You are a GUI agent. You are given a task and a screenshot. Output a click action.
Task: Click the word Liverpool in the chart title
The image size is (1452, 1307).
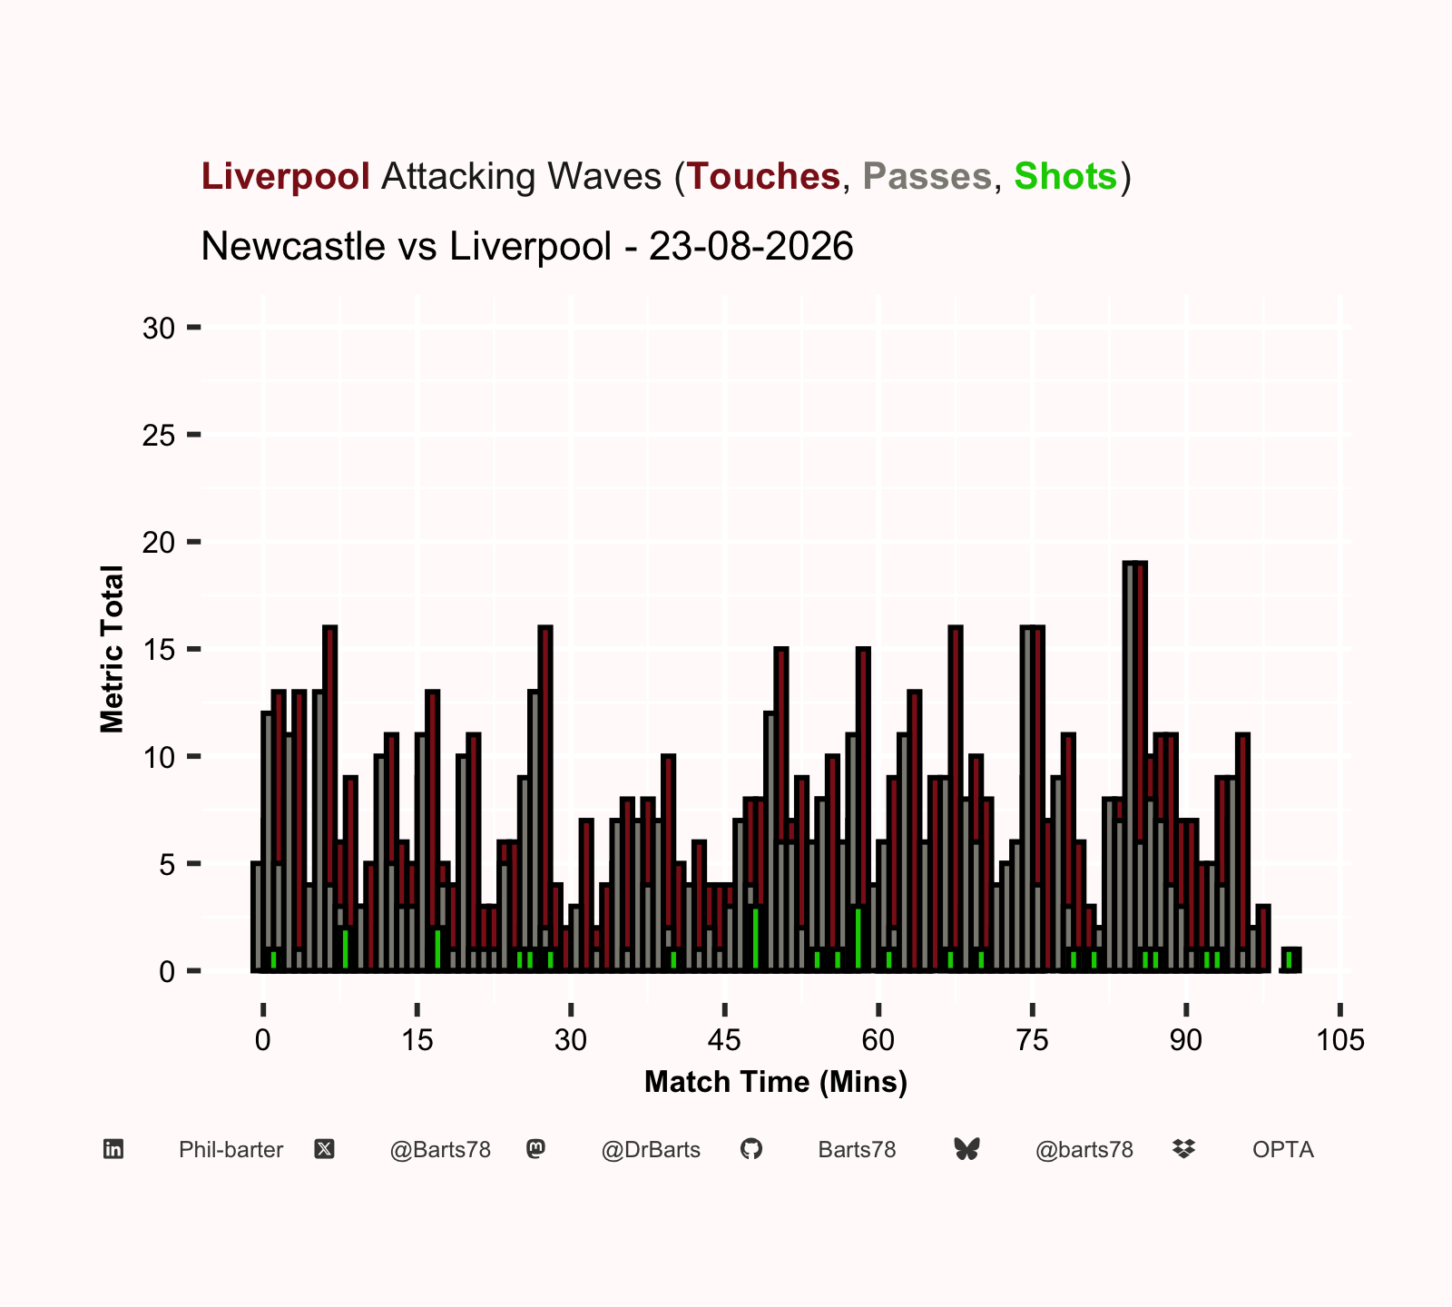(286, 176)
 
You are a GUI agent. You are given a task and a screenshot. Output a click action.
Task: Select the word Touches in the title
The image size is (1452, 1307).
(763, 176)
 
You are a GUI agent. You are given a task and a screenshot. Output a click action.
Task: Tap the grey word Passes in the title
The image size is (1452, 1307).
(927, 176)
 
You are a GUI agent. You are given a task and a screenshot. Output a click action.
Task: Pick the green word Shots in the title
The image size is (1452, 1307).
(1065, 176)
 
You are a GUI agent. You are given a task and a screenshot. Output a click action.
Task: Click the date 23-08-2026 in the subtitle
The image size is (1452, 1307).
(751, 246)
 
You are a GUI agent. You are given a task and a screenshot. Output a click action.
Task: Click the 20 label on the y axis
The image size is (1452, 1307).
(159, 543)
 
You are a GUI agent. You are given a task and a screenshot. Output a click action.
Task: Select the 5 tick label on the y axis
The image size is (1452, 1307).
(167, 865)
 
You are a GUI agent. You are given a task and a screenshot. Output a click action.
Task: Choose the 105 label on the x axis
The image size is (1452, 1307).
(1340, 1039)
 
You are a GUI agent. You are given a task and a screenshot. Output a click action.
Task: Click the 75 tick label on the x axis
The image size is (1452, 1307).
(1033, 1039)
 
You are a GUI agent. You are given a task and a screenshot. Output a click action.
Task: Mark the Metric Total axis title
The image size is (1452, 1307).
(112, 649)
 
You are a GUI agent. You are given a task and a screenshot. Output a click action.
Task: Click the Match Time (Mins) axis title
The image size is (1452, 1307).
(776, 1082)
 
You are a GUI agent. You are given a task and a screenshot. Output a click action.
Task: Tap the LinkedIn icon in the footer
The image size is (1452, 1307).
(113, 1150)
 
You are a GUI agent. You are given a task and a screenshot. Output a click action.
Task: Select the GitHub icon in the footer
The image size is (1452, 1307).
(751, 1150)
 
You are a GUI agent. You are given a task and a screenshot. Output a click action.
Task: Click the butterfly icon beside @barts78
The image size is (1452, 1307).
(967, 1150)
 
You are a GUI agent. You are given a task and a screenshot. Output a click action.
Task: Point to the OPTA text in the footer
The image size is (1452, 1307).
(1283, 1150)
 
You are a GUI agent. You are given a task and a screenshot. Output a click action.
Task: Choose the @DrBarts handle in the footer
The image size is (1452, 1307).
(651, 1150)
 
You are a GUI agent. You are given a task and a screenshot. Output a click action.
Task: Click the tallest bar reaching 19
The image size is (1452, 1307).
(1135, 767)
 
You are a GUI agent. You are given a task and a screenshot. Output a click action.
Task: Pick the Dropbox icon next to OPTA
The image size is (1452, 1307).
(1183, 1150)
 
